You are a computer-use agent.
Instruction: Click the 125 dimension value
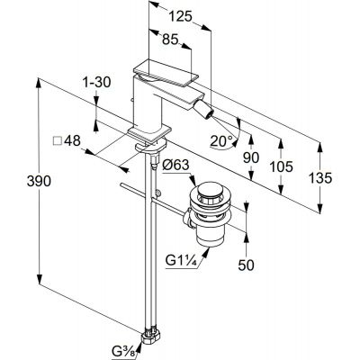[180, 16]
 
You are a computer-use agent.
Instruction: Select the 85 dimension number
[170, 39]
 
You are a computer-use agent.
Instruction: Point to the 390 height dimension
[39, 181]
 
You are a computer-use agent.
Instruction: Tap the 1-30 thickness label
[97, 82]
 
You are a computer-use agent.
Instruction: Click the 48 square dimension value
[72, 140]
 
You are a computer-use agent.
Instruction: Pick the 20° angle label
[221, 140]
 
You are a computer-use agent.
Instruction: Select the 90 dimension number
[251, 157]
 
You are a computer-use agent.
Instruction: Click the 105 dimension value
[281, 166]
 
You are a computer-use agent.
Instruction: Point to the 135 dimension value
[320, 178]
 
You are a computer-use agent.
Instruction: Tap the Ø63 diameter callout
[176, 166]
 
